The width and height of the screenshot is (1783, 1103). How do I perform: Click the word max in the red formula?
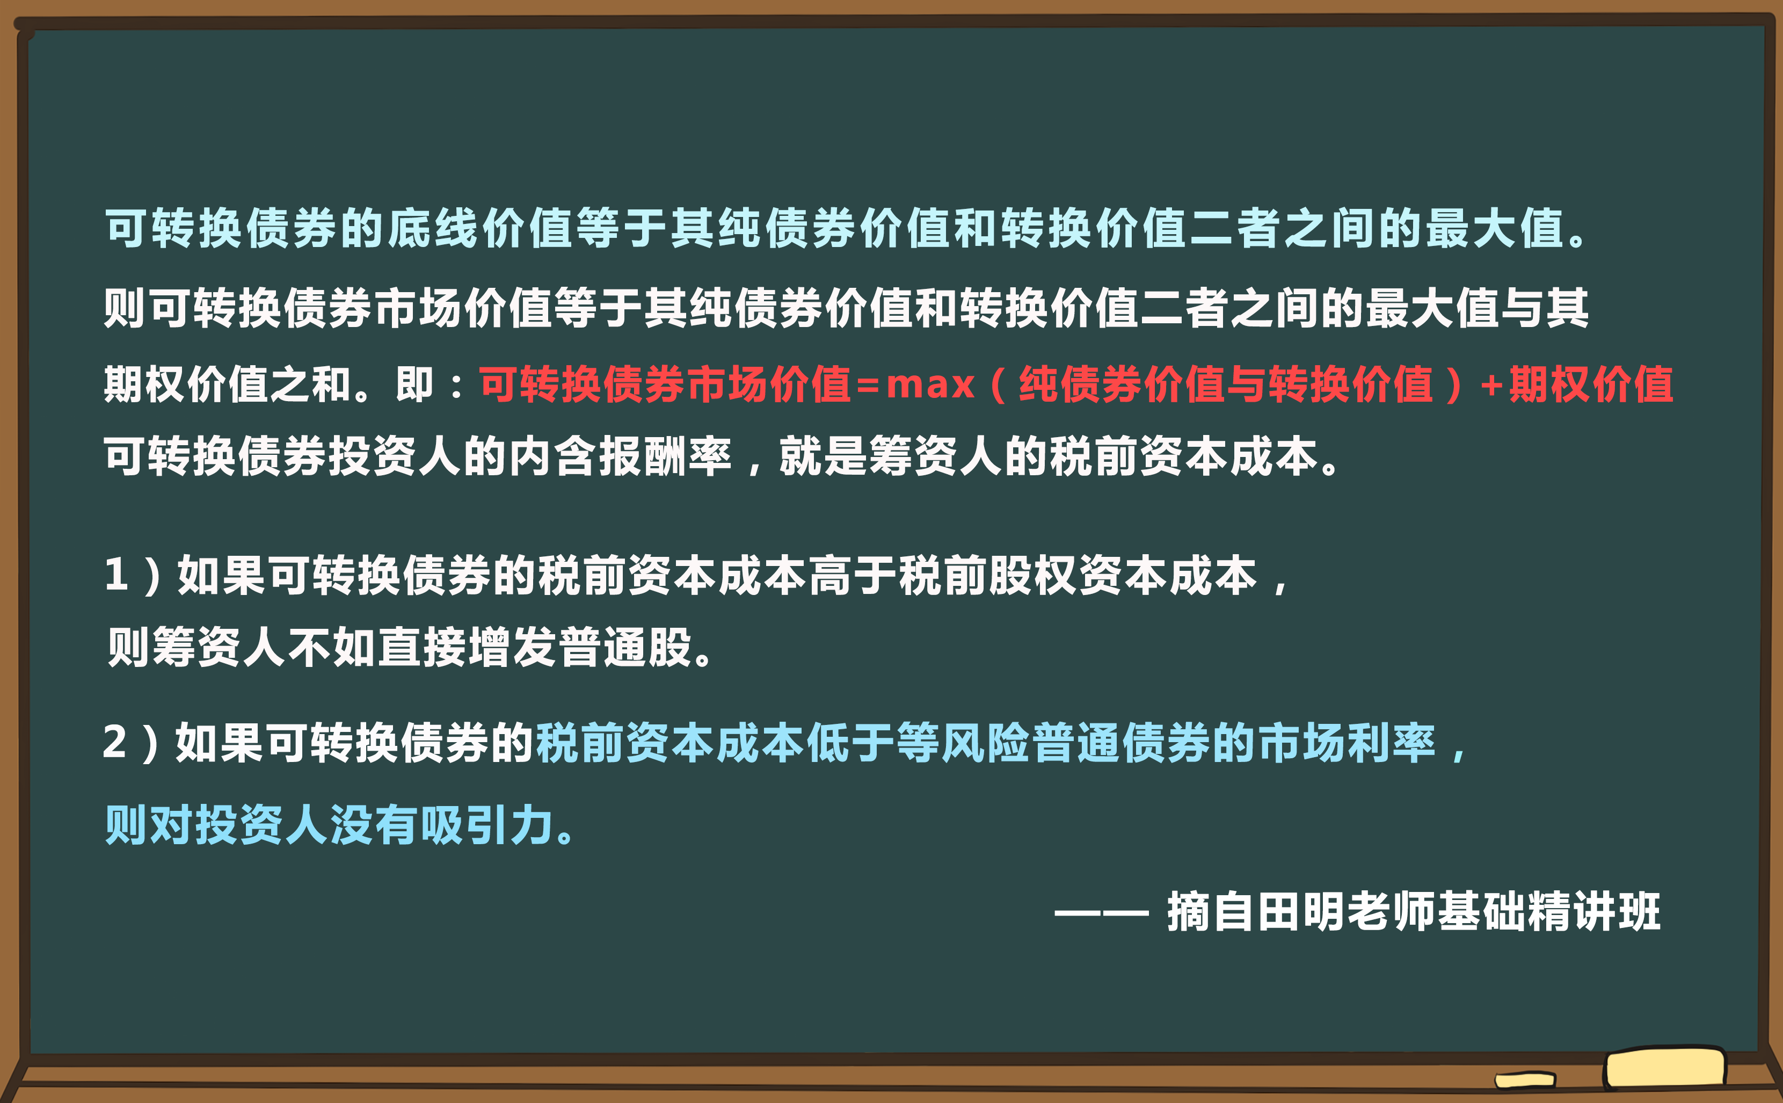click(x=930, y=384)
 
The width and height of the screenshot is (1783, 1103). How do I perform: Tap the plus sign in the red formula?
click(x=1491, y=384)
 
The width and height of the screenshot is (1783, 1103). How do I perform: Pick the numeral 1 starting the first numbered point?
click(x=117, y=575)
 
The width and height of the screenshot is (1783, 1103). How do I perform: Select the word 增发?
click(x=511, y=647)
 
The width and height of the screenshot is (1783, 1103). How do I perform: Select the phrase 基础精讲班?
click(x=1549, y=911)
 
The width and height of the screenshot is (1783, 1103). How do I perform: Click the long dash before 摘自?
click(x=1101, y=912)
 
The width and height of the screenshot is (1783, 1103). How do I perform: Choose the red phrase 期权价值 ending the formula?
click(x=1590, y=384)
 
